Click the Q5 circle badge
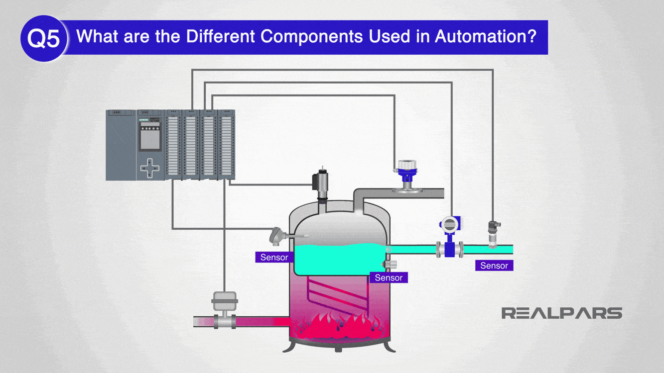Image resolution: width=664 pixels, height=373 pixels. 43,38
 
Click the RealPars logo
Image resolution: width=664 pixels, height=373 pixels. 561,313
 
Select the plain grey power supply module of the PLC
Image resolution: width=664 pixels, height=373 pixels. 121,145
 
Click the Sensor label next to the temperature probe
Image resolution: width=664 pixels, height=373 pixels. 274,257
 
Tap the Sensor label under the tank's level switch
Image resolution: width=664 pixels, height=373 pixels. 388,278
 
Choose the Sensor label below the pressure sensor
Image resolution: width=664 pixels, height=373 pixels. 494,266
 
